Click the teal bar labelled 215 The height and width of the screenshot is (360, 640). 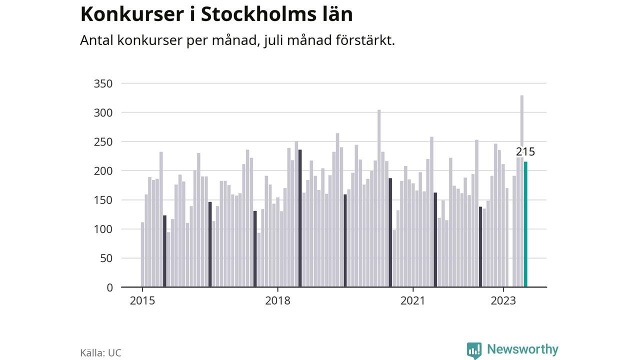tap(525, 224)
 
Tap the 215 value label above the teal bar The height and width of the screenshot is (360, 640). tap(525, 151)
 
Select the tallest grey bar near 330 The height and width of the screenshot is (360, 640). tap(521, 191)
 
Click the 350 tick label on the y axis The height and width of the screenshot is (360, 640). tap(103, 83)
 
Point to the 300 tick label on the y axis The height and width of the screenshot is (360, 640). tap(103, 113)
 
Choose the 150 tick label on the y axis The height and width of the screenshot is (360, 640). tap(103, 200)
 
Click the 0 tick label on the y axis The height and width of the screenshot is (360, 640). tap(109, 287)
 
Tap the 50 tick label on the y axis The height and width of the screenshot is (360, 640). tap(106, 258)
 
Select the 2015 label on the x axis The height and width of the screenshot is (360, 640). tap(142, 301)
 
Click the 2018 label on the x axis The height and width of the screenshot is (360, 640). tap(277, 301)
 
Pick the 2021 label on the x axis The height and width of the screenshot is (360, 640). tap(413, 301)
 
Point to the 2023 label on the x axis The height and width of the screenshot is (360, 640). tap(503, 301)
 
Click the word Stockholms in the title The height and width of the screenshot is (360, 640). tap(259, 14)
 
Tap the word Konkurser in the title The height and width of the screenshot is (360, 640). tap(132, 14)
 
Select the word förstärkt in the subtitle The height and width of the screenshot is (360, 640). tap(365, 40)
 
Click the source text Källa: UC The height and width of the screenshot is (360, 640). tap(101, 353)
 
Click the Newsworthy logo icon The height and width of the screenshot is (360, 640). tap(474, 350)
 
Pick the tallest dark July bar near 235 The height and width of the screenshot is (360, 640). tap(300, 218)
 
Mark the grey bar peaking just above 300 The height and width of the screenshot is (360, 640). tap(379, 198)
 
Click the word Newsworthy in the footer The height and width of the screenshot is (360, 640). tap(522, 349)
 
